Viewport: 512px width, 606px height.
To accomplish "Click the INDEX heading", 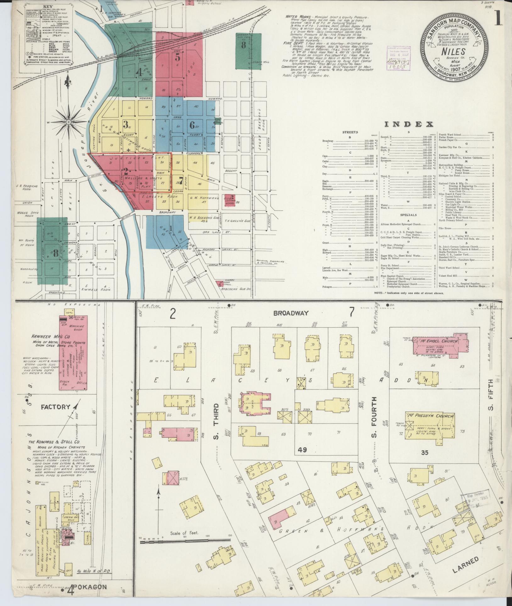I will (409, 125).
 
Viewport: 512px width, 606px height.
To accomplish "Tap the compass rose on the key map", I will (68, 121).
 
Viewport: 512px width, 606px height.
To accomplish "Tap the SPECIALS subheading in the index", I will (409, 215).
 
